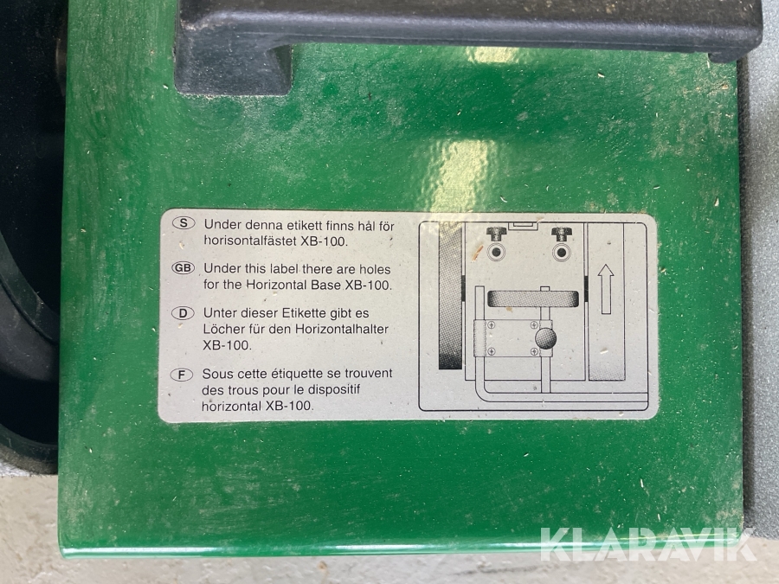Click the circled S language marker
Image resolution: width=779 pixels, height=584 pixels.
[183, 223]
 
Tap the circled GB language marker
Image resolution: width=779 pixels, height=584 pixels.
[183, 268]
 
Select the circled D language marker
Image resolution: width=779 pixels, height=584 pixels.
[183, 313]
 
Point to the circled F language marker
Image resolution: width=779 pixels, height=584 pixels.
[182, 375]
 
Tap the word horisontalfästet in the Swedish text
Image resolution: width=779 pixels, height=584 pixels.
[250, 241]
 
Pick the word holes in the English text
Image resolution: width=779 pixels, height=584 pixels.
[375, 269]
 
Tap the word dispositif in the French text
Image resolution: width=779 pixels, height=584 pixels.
[333, 389]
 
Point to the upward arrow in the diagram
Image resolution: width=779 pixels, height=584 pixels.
[606, 289]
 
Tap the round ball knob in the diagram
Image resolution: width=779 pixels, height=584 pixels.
[545, 338]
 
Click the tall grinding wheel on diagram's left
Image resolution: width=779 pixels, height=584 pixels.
[451, 296]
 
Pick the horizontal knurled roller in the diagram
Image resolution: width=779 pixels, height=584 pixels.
[533, 299]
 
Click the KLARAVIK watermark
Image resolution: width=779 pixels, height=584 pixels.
[648, 545]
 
